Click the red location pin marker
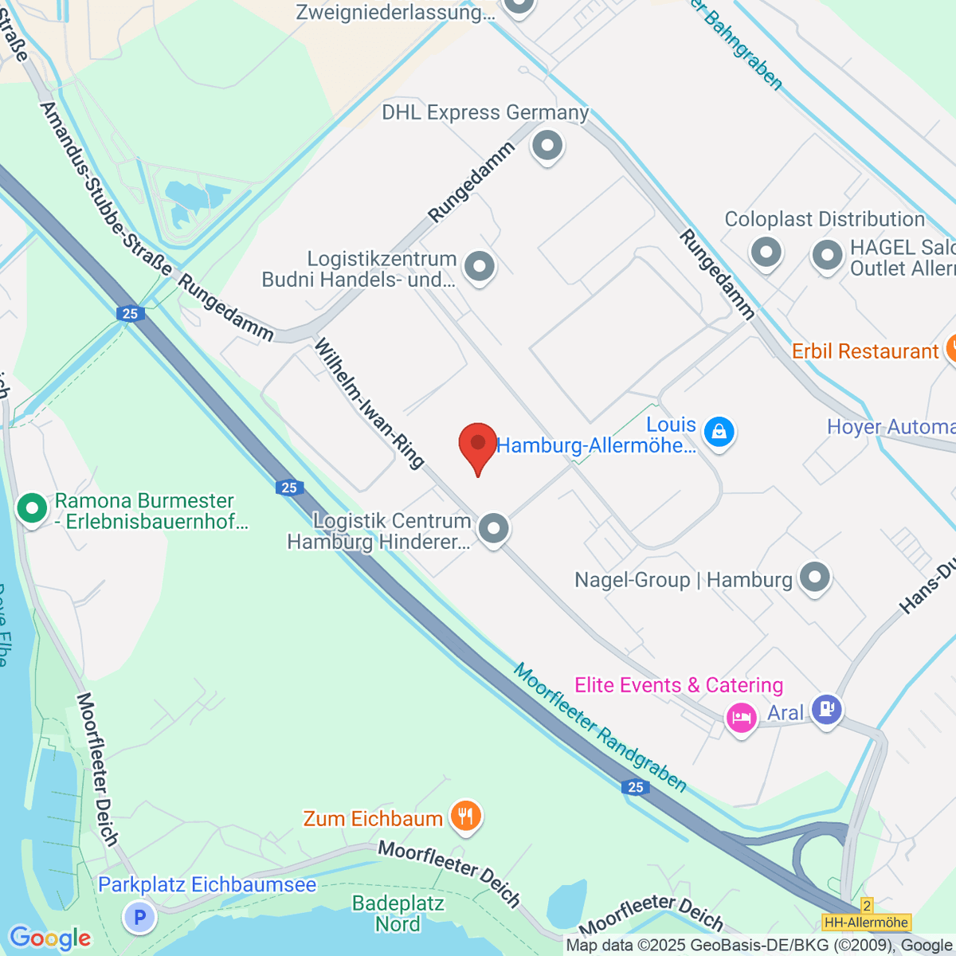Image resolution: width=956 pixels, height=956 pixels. [478, 445]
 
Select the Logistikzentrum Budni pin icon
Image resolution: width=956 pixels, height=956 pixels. [480, 267]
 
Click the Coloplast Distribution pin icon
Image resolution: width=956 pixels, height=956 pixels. [766, 253]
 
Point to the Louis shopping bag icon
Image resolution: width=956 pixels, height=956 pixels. [719, 433]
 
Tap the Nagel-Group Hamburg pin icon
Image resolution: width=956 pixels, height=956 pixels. [814, 578]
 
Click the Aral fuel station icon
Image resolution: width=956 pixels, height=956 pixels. [826, 707]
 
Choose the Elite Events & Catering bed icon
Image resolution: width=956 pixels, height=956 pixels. [741, 718]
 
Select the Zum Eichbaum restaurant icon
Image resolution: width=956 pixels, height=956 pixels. [465, 817]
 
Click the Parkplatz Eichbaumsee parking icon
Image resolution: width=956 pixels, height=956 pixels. [139, 917]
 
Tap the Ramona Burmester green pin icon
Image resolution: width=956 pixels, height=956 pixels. [32, 508]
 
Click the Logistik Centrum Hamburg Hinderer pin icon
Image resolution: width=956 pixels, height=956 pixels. [494, 528]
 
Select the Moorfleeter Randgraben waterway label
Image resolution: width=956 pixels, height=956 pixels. [599, 727]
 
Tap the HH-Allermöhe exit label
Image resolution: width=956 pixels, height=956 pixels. [867, 923]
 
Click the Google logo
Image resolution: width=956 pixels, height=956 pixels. [49, 938]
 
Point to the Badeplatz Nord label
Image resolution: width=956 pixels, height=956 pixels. [398, 914]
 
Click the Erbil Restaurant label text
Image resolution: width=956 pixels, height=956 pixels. [864, 351]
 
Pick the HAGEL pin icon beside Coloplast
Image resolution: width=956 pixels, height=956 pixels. [827, 257]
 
